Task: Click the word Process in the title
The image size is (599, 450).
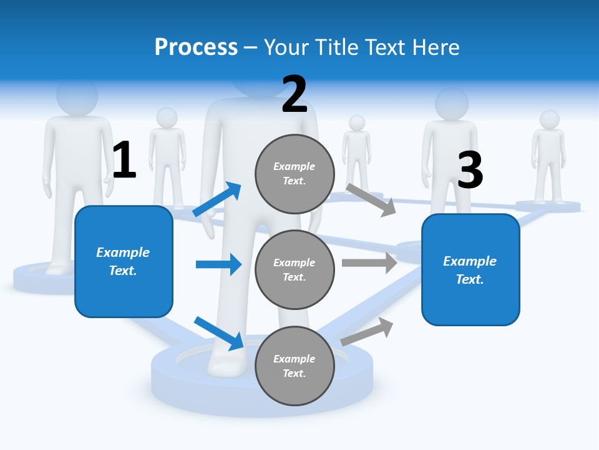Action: [x=196, y=47]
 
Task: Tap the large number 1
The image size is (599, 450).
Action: [x=124, y=160]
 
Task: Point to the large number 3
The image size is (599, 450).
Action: [x=470, y=170]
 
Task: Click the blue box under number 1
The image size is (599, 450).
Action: [x=124, y=261]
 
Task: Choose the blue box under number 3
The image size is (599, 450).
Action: [x=470, y=269]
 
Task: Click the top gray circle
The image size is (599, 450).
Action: [x=295, y=173]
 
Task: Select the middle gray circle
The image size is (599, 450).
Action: [x=295, y=269]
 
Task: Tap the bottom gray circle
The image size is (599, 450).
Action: [x=295, y=366]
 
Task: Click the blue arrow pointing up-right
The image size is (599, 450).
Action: [x=217, y=199]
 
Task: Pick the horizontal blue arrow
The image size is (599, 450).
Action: [x=218, y=264]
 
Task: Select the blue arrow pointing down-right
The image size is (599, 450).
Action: [x=219, y=333]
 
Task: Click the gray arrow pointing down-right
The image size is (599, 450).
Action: [x=371, y=199]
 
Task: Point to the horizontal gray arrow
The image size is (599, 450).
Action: [x=369, y=262]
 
